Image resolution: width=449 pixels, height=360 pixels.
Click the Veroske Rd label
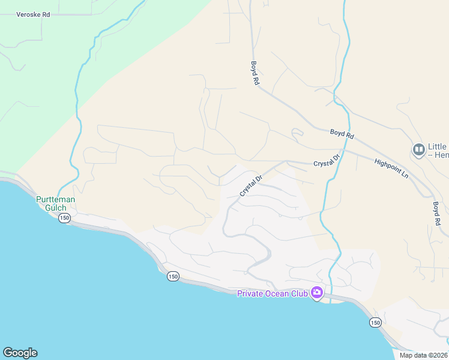click(x=33, y=14)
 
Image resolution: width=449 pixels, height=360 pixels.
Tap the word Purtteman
click(x=56, y=199)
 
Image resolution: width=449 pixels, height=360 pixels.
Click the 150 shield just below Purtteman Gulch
click(x=65, y=218)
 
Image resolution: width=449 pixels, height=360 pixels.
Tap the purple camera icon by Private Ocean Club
click(x=316, y=293)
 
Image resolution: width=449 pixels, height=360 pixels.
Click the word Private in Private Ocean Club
click(x=251, y=293)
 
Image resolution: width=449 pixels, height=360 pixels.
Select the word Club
click(x=300, y=293)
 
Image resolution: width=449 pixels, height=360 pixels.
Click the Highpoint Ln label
click(x=391, y=167)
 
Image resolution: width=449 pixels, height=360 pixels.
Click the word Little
click(x=437, y=146)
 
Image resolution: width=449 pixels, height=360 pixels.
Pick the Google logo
click(x=20, y=353)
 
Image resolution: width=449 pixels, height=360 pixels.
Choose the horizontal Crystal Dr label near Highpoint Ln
click(x=327, y=160)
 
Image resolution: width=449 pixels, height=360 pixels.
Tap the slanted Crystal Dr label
click(x=252, y=185)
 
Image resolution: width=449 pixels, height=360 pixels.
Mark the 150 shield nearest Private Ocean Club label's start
click(x=173, y=276)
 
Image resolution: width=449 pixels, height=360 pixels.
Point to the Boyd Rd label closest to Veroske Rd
click(x=255, y=73)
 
